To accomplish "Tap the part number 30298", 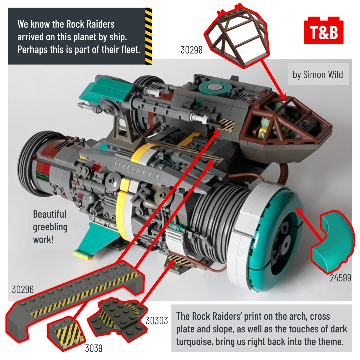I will tap(192, 50).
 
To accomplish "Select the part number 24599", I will tap(340, 278).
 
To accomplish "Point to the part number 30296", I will tap(23, 289).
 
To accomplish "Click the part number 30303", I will tap(157, 321).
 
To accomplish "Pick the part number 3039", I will tap(93, 349).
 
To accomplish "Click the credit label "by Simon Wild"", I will tap(318, 75).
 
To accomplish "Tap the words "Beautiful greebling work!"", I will tap(50, 227).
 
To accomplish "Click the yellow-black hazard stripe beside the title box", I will tap(149, 36).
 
